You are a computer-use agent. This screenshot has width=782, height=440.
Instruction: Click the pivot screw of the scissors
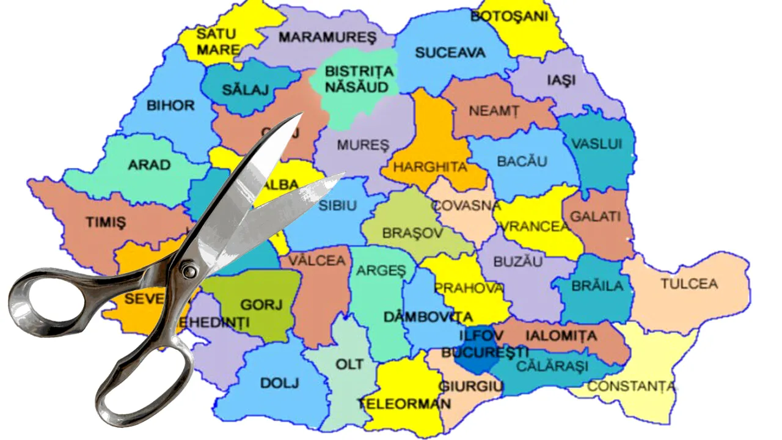click(x=190, y=269)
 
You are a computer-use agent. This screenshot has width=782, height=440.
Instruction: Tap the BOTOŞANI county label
click(x=509, y=16)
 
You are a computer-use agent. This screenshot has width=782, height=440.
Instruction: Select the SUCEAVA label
click(x=450, y=53)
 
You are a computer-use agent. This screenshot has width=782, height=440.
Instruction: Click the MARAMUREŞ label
click(x=327, y=37)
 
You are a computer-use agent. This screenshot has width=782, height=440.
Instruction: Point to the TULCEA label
click(x=689, y=284)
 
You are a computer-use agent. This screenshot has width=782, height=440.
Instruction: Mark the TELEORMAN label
click(x=404, y=403)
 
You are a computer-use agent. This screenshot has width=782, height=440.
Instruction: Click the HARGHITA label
click(x=430, y=166)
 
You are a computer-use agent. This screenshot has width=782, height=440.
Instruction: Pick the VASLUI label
click(x=596, y=144)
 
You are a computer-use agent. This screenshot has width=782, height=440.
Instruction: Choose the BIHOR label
click(x=170, y=105)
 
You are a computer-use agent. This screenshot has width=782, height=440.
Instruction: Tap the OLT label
click(x=349, y=364)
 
